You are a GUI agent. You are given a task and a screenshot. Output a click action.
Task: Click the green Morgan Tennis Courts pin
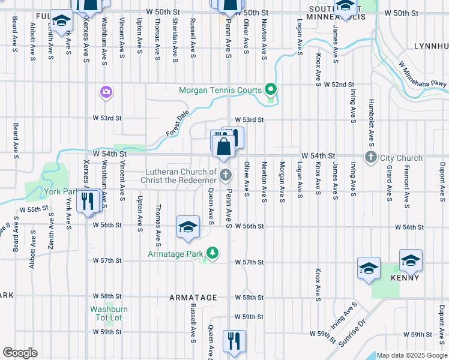coord(271,91)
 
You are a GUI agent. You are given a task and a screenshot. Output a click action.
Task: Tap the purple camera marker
coord(106,92)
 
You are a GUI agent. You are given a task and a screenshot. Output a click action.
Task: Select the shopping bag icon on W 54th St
coord(223,146)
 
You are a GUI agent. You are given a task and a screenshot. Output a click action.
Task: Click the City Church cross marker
coord(371,158)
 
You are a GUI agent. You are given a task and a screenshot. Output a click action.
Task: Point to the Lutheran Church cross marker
coord(226,175)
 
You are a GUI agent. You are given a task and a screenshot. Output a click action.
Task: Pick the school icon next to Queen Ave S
coord(188,227)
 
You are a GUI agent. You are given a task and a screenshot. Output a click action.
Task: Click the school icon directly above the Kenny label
coord(411,260)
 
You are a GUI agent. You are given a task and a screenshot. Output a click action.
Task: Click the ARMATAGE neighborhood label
coord(193,298)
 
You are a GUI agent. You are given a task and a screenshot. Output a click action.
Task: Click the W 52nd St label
coord(340,85)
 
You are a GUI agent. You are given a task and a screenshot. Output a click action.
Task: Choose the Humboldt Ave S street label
coord(372,122)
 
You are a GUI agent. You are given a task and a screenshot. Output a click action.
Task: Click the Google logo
coord(20,353)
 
